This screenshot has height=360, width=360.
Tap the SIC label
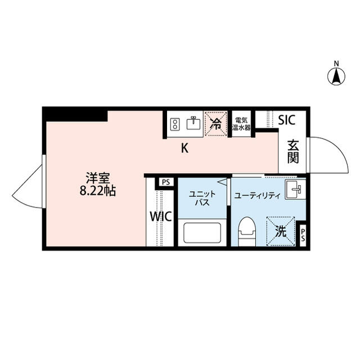(289, 119)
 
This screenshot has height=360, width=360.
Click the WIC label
(160, 217)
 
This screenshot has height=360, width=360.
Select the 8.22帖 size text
(98, 191)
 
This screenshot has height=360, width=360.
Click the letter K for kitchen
(184, 148)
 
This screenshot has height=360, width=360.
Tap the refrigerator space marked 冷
(215, 124)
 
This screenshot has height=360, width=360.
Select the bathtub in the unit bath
(202, 232)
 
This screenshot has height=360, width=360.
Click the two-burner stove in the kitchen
(174, 124)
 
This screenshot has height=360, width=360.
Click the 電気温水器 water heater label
(242, 124)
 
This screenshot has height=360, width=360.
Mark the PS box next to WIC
(165, 182)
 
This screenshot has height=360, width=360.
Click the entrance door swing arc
(332, 156)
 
